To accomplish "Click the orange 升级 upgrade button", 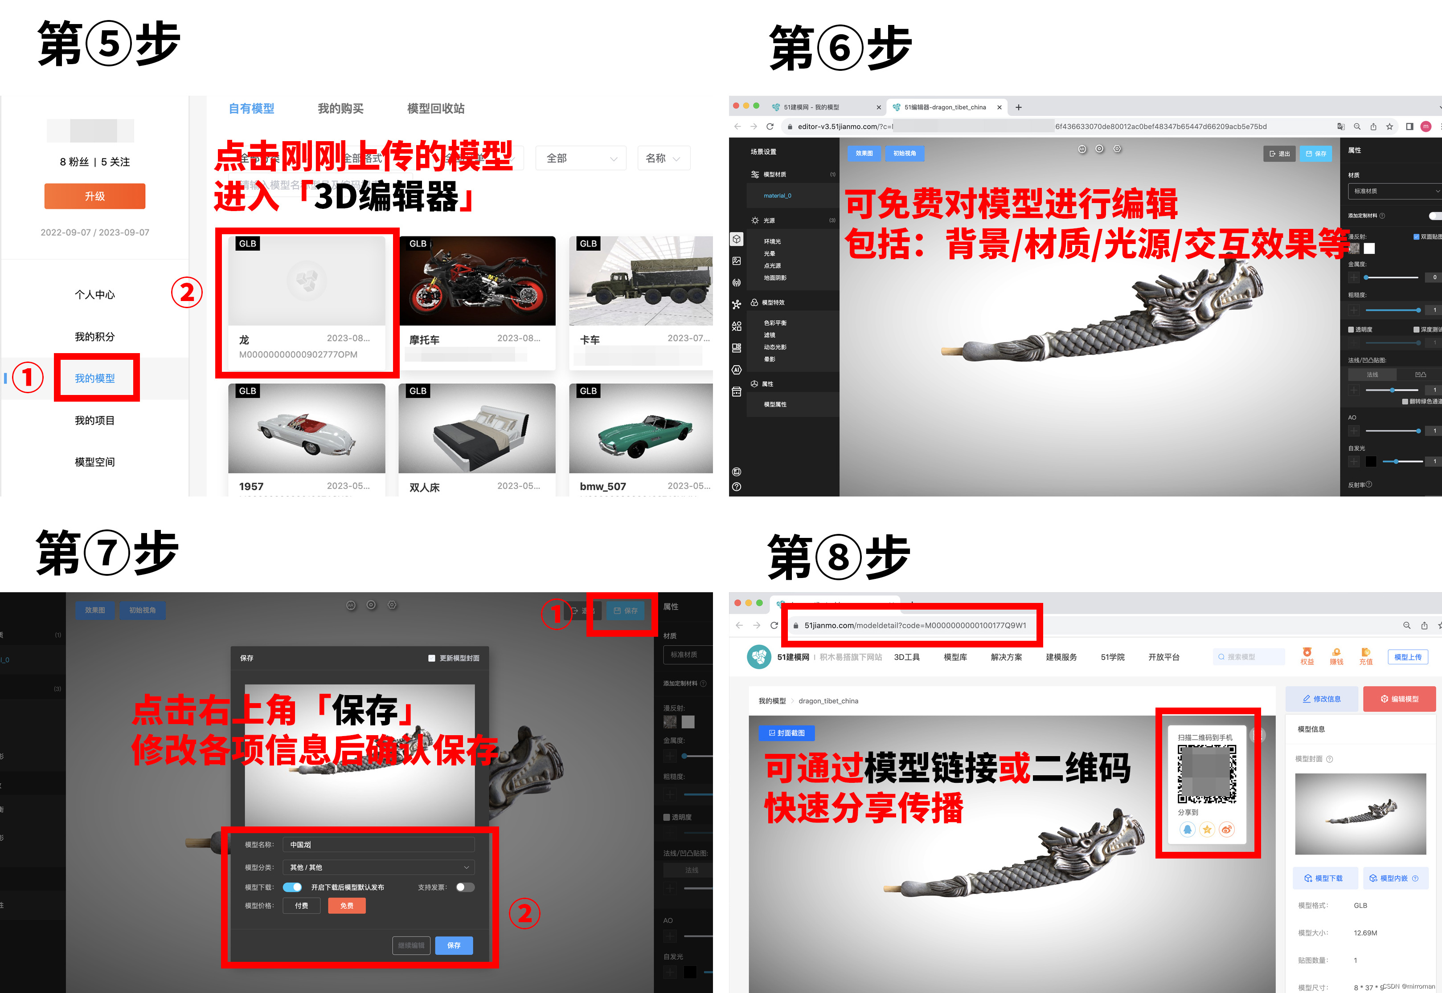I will coord(94,196).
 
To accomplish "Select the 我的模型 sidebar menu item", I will coord(94,378).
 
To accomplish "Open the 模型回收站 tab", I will coord(435,108).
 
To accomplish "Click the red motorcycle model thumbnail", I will coord(477,281).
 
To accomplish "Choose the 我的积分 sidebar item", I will coord(94,337).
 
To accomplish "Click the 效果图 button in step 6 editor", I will coord(864,153).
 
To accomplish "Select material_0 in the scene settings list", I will coord(777,195).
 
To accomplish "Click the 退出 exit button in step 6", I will coord(1279,154).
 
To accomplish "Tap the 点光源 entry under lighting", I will coord(772,266).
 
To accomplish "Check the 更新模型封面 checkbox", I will coord(431,658).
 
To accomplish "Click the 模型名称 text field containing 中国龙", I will coord(378,844).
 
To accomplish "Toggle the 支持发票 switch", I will coord(464,887).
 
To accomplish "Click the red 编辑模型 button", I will coord(1399,699).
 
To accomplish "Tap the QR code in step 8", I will coord(1207,774).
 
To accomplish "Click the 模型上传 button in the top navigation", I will coord(1407,657).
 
